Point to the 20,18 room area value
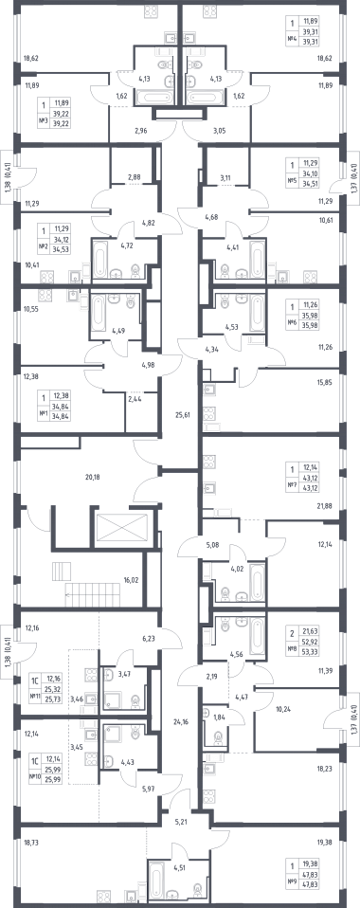pos(93,477)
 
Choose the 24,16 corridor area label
pos(181,721)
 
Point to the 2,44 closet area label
pos(135,399)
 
